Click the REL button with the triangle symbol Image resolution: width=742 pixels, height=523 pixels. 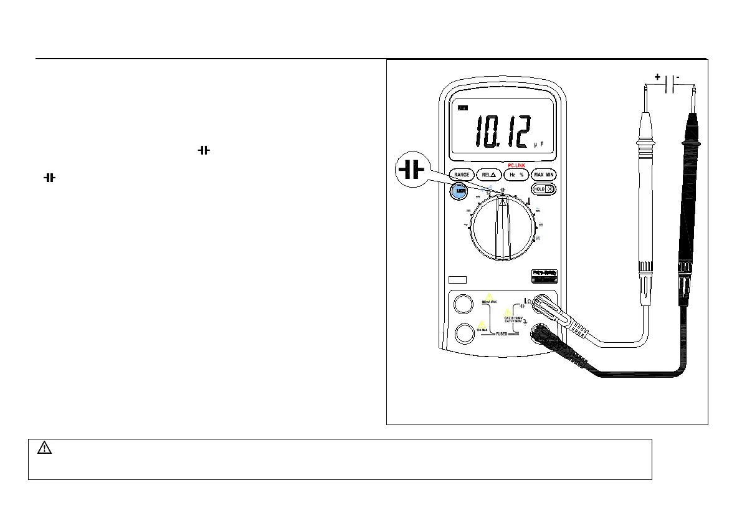coord(488,175)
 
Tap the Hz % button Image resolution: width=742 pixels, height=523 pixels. coord(516,175)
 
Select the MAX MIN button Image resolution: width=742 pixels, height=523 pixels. coord(544,175)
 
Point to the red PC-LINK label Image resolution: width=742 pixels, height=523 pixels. coord(516,165)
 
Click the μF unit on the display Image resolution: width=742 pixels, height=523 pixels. coord(539,145)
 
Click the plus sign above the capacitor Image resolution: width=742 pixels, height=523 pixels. coord(657,77)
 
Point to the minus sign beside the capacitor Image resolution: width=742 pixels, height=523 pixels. coord(677,77)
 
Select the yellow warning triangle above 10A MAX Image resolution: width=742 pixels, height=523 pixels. coord(482,324)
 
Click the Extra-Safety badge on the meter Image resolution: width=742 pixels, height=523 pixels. coord(543,273)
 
